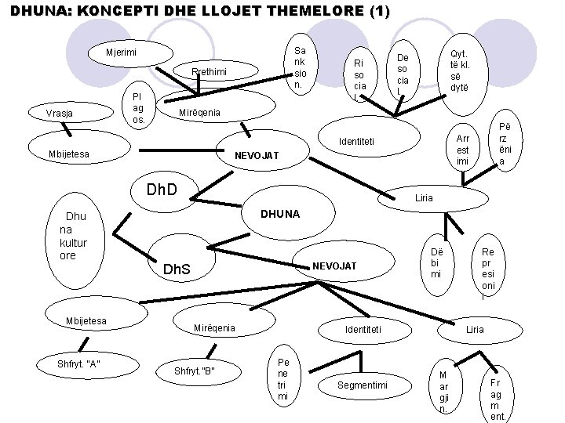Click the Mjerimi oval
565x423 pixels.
click(x=122, y=52)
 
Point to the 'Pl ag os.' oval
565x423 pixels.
click(x=138, y=108)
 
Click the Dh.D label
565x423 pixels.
click(x=162, y=190)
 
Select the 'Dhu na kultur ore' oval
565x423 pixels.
click(x=76, y=235)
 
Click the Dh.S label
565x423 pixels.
click(x=176, y=270)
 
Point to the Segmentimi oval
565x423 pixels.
click(x=363, y=385)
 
